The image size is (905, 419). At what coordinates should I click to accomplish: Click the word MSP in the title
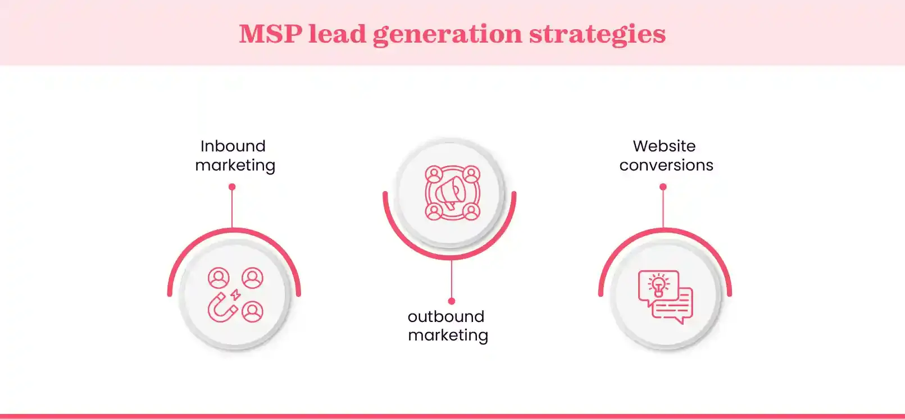(271, 34)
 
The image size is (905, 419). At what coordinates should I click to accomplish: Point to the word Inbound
(233, 146)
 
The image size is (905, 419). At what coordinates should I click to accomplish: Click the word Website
(664, 146)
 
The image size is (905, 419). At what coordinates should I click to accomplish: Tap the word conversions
(666, 165)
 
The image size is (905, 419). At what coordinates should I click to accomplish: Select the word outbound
(446, 316)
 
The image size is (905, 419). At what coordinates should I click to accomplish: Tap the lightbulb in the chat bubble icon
(658, 286)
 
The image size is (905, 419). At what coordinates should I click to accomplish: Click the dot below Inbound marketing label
(232, 187)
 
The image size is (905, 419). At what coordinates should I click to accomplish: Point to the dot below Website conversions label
(663, 187)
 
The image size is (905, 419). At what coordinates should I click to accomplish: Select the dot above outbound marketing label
(452, 301)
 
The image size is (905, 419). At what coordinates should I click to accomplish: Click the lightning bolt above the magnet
(236, 294)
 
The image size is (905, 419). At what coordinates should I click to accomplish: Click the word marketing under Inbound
(235, 165)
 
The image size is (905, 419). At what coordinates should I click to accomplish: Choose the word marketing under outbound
(448, 335)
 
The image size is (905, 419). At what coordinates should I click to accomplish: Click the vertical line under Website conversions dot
(663, 209)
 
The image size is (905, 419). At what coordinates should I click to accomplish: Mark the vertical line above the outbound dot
(452, 279)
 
